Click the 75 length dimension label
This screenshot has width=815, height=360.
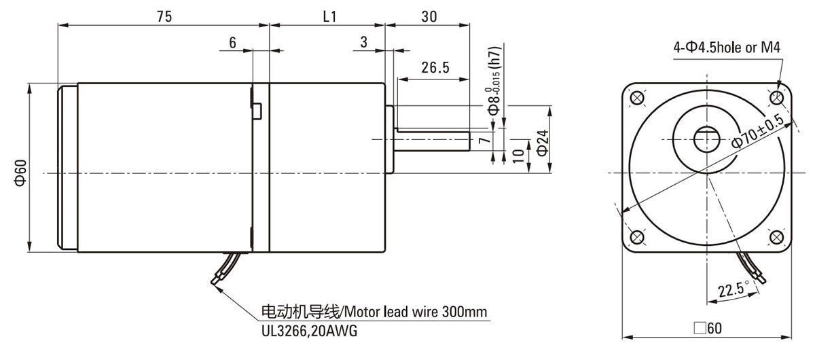(x=164, y=16)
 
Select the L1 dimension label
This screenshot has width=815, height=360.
(x=329, y=16)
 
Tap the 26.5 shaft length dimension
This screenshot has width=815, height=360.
(x=435, y=67)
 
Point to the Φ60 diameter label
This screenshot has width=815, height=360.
(x=20, y=173)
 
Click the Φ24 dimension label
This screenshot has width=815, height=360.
(x=543, y=143)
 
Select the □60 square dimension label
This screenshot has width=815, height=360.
(x=708, y=328)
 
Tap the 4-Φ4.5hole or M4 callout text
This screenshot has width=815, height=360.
(x=727, y=48)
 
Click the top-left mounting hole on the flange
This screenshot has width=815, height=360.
(x=637, y=98)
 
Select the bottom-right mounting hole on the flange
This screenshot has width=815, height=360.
(x=776, y=237)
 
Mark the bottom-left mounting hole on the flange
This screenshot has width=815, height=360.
(x=637, y=237)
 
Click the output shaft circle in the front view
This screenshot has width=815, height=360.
(x=706, y=139)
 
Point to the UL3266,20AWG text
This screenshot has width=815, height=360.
(x=309, y=331)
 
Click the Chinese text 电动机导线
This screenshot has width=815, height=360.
(x=300, y=312)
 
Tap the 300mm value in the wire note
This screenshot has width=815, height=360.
(x=465, y=312)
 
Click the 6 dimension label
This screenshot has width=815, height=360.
(x=232, y=43)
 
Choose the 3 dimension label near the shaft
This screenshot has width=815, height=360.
(x=364, y=42)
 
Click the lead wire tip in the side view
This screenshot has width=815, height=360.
(x=213, y=282)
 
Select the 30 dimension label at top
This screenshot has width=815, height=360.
(x=429, y=16)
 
